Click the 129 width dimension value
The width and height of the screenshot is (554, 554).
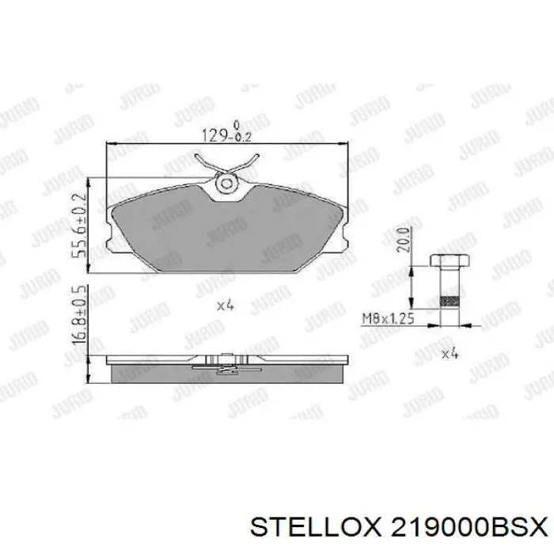pos(214,135)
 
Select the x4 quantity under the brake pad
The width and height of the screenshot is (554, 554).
pos(226,305)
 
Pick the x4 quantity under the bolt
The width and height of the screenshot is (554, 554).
pos(450,354)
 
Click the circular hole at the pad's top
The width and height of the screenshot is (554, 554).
pos(226,184)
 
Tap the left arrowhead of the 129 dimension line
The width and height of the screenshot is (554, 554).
pos(110,144)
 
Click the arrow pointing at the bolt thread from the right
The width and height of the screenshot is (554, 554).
pos(467,324)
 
